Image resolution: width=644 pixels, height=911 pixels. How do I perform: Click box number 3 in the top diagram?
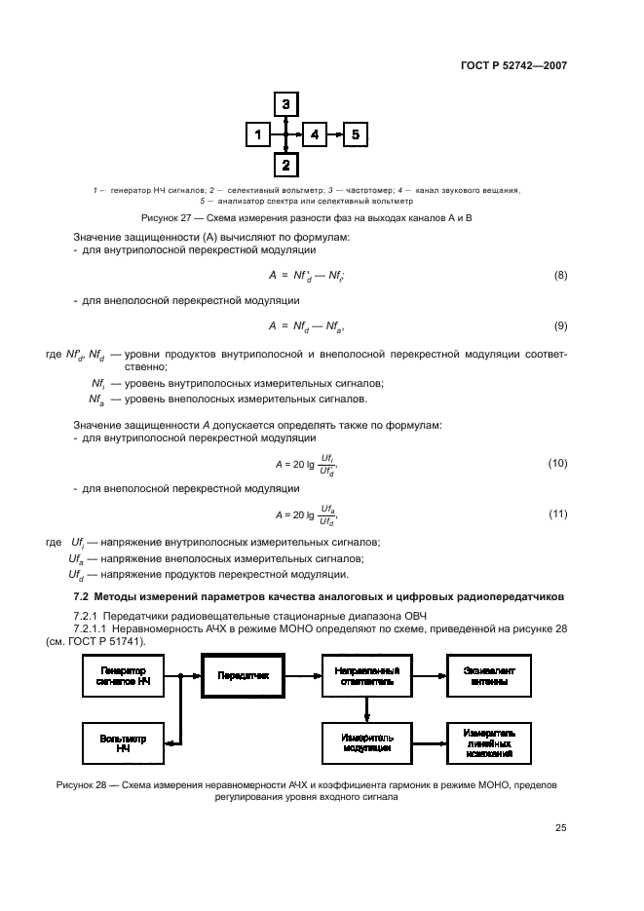coord(285,103)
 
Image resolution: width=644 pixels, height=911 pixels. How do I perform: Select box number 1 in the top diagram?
coord(257,135)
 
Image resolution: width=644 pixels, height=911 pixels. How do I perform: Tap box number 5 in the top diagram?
coord(356,135)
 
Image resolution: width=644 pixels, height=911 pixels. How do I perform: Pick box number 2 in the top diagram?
coord(285,167)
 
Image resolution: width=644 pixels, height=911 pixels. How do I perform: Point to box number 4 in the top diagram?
coord(315,135)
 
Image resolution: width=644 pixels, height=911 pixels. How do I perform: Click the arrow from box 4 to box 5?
coord(335,135)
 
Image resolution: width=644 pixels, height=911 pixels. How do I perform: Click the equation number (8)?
coord(560,276)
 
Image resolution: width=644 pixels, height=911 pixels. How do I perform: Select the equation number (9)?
coord(560,324)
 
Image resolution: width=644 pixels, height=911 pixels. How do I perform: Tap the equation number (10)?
coord(557,463)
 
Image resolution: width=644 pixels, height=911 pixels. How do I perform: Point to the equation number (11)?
coord(557,513)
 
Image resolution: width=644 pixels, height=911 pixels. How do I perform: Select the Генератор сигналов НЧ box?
coord(124,674)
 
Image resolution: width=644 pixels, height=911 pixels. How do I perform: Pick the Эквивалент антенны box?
coord(488,674)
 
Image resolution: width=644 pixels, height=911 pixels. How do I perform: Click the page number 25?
coord(560,828)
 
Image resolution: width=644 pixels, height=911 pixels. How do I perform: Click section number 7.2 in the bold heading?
coord(82,595)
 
